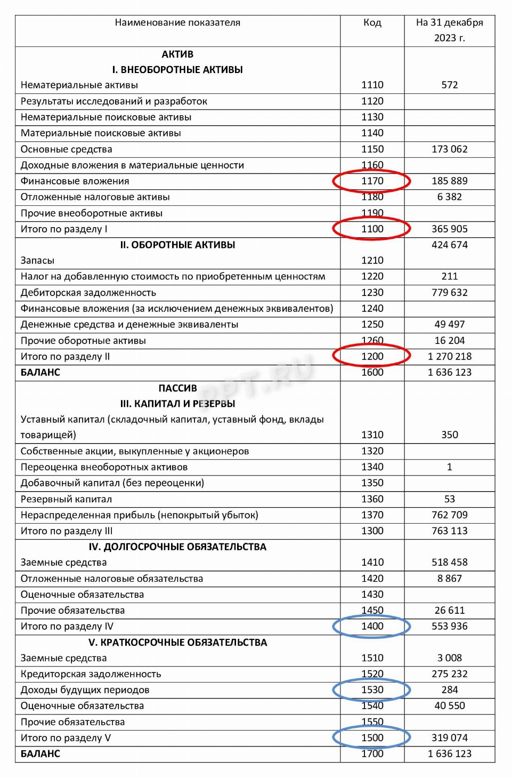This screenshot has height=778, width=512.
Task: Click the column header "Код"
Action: coord(372,23)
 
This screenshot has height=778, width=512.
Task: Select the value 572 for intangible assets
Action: coord(449,85)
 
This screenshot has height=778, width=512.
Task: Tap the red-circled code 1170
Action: coord(372,181)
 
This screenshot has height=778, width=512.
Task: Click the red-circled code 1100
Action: coord(372,229)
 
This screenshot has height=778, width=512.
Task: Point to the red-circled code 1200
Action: coord(372,357)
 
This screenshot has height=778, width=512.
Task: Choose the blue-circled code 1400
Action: coord(372,627)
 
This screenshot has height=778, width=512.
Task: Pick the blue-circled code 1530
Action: coord(372,690)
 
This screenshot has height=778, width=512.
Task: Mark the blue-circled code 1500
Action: coord(372,738)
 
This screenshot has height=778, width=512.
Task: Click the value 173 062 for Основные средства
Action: coord(449,149)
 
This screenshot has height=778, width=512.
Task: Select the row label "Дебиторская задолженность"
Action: coord(88,293)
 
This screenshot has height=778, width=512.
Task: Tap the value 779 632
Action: coord(449,293)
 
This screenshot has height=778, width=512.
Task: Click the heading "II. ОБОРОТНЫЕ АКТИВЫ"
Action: coord(177,245)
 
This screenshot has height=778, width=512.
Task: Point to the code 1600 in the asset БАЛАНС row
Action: coord(372,373)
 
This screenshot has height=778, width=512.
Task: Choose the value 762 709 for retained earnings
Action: coord(449,515)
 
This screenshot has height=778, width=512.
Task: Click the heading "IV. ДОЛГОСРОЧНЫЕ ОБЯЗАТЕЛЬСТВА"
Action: coord(177,547)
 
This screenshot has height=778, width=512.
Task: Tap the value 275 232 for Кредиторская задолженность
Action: coord(449,674)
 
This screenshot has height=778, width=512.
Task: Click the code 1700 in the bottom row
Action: coord(372,754)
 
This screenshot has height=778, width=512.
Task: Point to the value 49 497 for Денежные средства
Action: coord(449,325)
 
